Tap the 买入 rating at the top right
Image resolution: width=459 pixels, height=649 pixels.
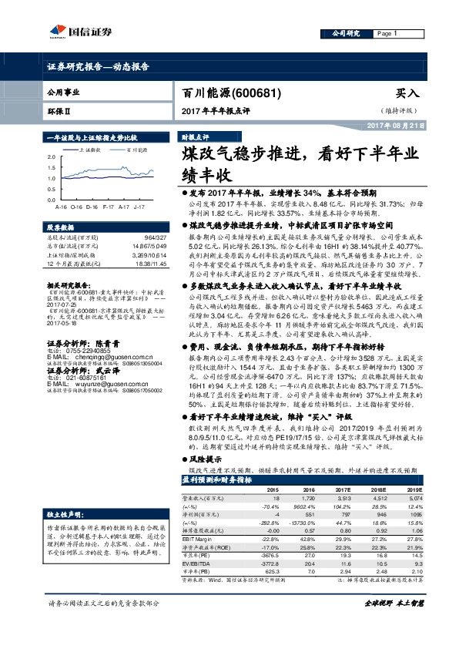[x=407, y=93]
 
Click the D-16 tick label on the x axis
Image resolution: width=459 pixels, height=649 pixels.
[x=92, y=207]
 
